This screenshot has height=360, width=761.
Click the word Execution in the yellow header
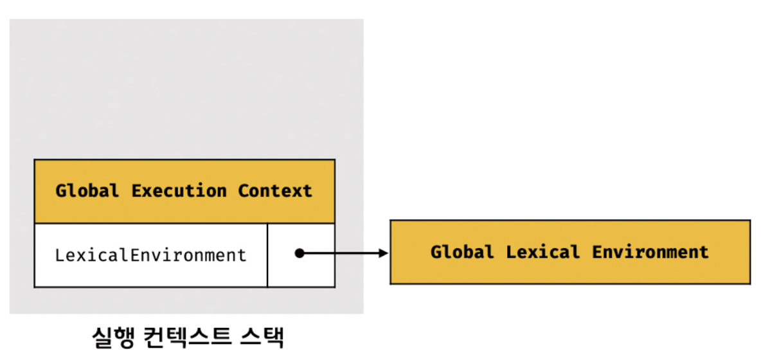[x=179, y=191]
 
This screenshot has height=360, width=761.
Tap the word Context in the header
[x=275, y=191]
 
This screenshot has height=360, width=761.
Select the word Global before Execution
[x=87, y=191]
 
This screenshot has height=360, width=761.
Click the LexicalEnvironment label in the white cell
[x=150, y=255]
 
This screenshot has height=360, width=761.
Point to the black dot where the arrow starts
[x=300, y=253]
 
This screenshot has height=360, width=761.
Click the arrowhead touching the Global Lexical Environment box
[x=384, y=253]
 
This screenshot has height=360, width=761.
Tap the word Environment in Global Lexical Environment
[x=650, y=251]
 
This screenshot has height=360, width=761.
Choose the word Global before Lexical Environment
[x=462, y=251]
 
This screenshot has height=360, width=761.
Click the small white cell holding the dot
[x=301, y=255]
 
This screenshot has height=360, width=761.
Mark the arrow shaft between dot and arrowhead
[x=341, y=253]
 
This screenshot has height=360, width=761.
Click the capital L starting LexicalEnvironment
[x=59, y=255]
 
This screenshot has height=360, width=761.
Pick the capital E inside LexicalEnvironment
[x=134, y=255]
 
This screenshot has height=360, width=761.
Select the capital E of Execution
[x=136, y=191]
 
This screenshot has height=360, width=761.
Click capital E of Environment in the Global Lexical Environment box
[x=596, y=251]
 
